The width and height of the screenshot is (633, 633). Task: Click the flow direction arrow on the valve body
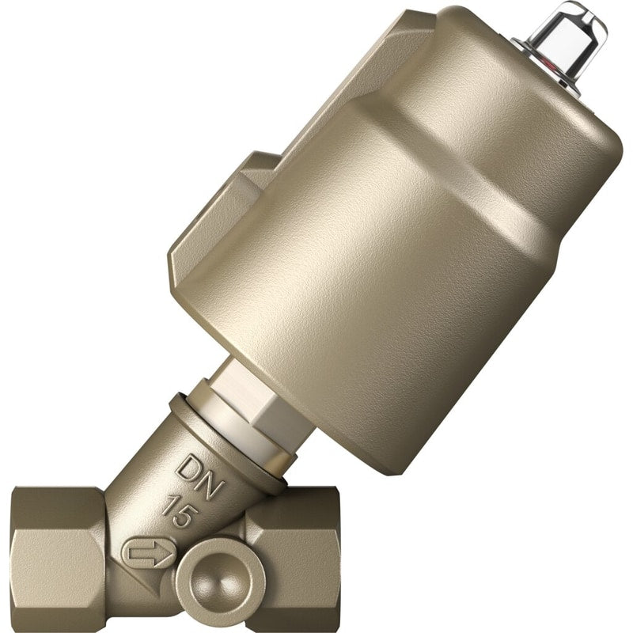(x=150, y=552)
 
